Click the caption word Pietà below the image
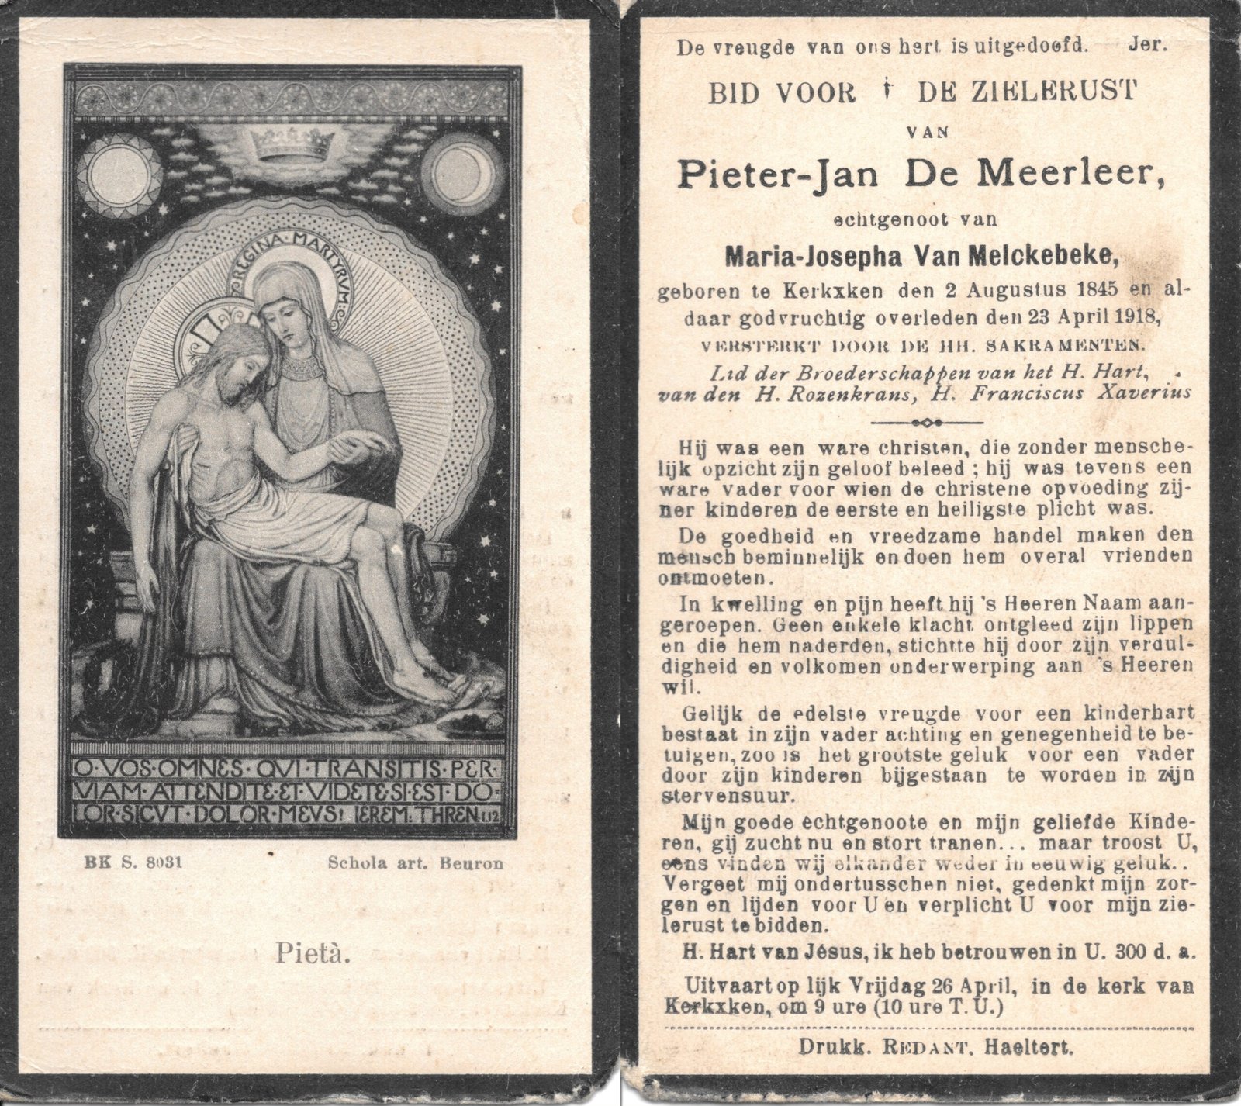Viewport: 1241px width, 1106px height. click(313, 954)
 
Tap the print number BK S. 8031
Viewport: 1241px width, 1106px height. click(130, 862)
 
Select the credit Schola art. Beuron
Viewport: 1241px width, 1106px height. click(416, 862)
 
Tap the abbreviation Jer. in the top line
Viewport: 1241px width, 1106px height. click(1148, 45)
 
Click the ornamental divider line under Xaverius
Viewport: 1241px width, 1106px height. click(928, 423)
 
